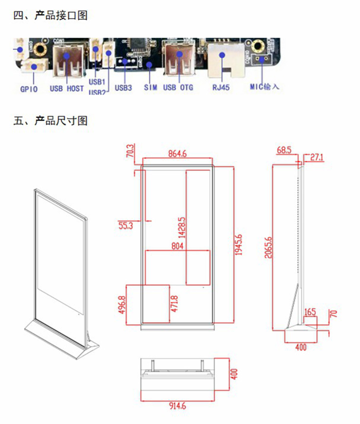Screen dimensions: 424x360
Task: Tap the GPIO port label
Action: pyautogui.click(x=29, y=88)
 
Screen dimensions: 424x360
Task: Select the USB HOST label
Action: pyautogui.click(x=67, y=88)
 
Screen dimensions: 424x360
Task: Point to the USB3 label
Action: pyautogui.click(x=123, y=88)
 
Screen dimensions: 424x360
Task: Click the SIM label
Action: pyautogui.click(x=150, y=88)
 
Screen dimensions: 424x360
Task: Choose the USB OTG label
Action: pyautogui.click(x=178, y=88)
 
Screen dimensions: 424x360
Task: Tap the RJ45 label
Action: pyautogui.click(x=222, y=88)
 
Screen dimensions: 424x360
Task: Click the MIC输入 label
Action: pyautogui.click(x=264, y=87)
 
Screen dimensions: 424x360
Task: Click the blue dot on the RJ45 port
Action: pyautogui.click(x=223, y=55)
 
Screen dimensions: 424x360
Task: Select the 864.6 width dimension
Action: pyautogui.click(x=177, y=154)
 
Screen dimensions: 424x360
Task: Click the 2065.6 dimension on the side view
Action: pyautogui.click(x=268, y=247)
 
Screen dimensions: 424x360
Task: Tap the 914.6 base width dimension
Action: pyautogui.click(x=177, y=406)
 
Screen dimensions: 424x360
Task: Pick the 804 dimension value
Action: pyautogui.click(x=177, y=246)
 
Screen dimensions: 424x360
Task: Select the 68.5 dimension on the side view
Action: pyautogui.click(x=284, y=150)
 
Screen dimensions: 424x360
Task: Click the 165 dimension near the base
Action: pyautogui.click(x=310, y=312)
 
